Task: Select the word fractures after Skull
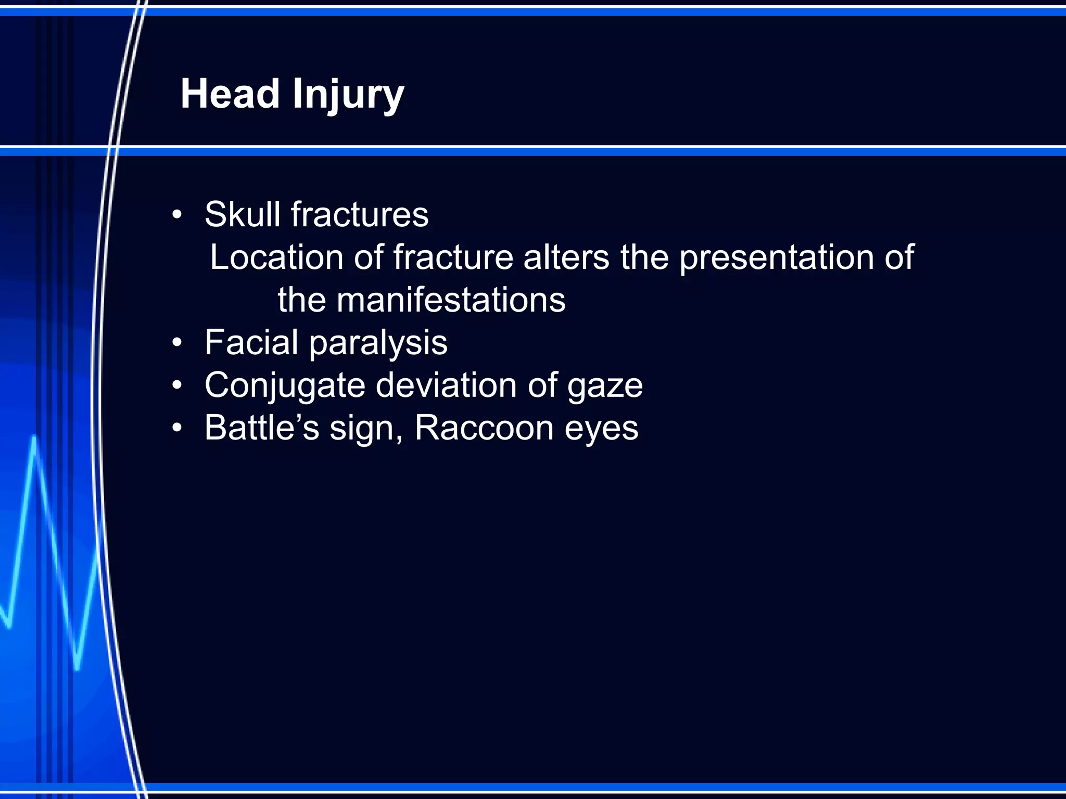[x=360, y=214]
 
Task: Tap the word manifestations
[x=451, y=300]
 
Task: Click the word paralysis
[x=378, y=344]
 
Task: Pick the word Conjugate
[x=285, y=386]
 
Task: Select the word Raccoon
[x=484, y=428]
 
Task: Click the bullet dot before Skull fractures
[x=177, y=214]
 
